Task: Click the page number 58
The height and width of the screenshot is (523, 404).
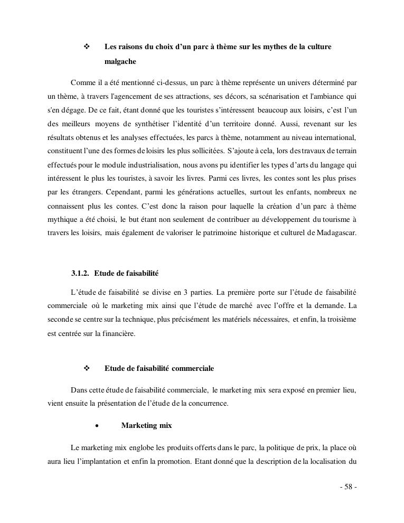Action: (x=349, y=487)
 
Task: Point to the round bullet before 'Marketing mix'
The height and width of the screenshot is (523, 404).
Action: (x=97, y=425)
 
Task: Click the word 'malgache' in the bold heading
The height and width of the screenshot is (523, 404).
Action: (x=120, y=62)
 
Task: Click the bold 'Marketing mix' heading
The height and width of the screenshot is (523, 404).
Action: (x=146, y=425)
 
